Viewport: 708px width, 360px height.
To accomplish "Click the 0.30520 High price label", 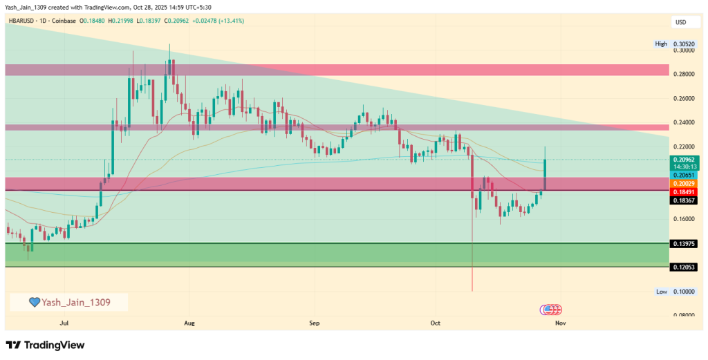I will tap(684, 44).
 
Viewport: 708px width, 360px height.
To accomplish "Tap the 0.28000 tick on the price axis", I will tap(684, 74).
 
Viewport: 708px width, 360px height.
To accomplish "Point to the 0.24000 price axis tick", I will tap(684, 122).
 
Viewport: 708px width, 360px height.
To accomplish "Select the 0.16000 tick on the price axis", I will tap(684, 219).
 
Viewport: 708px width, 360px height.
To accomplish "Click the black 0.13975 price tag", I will tap(684, 244).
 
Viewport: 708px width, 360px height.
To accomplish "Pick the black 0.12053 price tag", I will tap(684, 267).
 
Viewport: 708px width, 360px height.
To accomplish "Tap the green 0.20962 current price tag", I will tap(684, 159).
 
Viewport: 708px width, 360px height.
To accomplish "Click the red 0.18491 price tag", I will tap(684, 192).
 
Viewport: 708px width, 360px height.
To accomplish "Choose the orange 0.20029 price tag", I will tap(684, 184).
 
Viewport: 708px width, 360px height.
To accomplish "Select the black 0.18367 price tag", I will tap(684, 200).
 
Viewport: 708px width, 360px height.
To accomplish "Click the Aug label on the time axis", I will tap(190, 323).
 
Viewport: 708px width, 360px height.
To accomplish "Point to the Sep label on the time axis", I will tap(314, 323).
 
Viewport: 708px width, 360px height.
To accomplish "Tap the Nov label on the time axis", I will tap(560, 323).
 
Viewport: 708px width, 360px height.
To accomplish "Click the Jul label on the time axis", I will tap(65, 323).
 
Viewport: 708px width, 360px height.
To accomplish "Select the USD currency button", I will tap(681, 22).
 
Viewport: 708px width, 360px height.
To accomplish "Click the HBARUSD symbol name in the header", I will tap(23, 21).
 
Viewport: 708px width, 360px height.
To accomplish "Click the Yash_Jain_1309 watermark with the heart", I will tap(69, 302).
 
